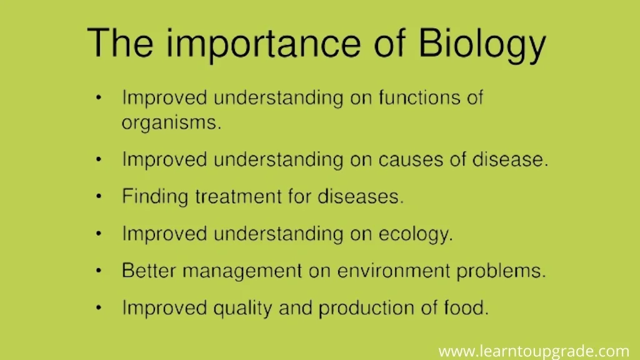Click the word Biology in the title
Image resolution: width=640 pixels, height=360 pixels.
click(x=482, y=45)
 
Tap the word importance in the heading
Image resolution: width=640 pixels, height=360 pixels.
click(x=263, y=45)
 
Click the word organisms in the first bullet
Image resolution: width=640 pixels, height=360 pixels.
click(x=171, y=123)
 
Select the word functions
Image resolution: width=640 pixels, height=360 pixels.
click(x=419, y=97)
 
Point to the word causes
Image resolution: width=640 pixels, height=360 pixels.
click(x=411, y=159)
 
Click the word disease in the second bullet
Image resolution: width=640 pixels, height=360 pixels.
click(x=510, y=159)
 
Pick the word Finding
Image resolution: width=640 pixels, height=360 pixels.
click(x=155, y=197)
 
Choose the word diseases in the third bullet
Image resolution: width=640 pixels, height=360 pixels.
click(x=361, y=196)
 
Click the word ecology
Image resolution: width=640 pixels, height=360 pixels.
click(x=416, y=234)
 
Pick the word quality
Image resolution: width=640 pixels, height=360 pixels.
click(x=242, y=308)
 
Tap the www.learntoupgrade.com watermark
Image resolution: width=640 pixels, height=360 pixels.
click(x=534, y=351)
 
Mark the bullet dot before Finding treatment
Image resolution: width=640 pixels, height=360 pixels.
click(x=98, y=197)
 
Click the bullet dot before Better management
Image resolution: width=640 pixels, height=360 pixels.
click(x=98, y=271)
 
